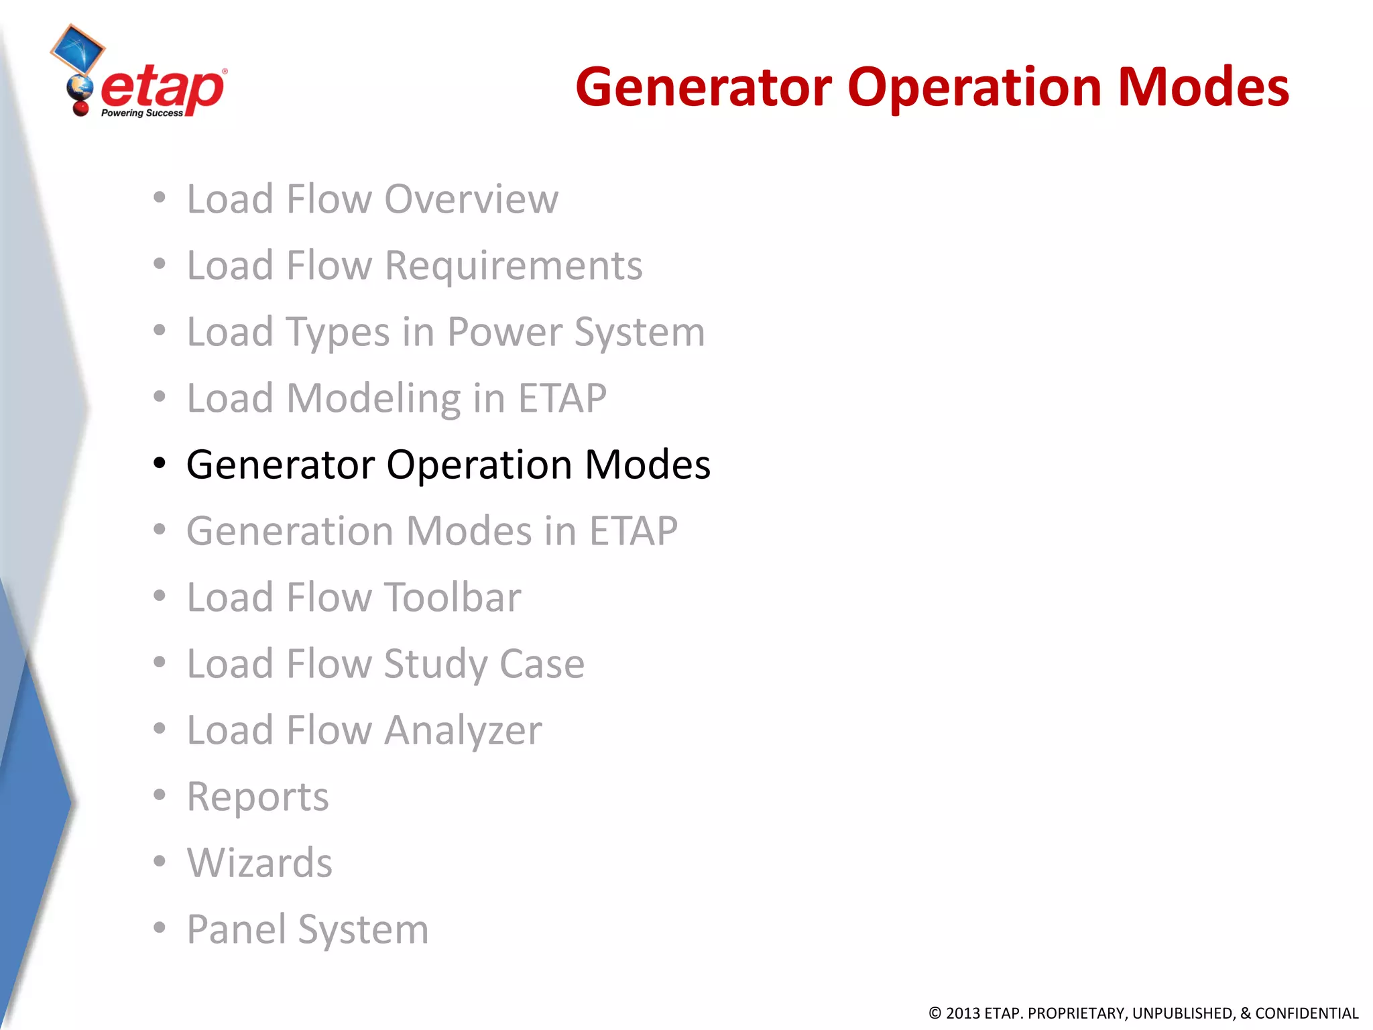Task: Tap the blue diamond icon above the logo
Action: click(x=78, y=48)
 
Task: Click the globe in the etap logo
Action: click(x=80, y=88)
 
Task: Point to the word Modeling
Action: click(x=373, y=398)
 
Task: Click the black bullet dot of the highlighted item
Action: click(x=159, y=463)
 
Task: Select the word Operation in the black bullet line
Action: click(x=479, y=464)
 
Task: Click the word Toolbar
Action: click(x=452, y=597)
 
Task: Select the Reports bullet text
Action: click(x=258, y=797)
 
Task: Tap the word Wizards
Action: click(x=259, y=863)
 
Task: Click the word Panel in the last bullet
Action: click(x=235, y=929)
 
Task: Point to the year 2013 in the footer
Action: click(x=963, y=1013)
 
